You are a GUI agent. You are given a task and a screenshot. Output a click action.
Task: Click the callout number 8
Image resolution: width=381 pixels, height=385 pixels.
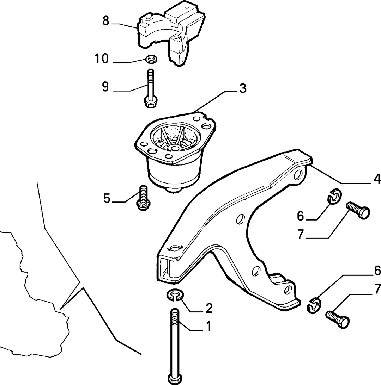(x=106, y=21)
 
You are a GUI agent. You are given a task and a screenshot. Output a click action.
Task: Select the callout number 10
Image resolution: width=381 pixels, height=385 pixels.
(x=102, y=59)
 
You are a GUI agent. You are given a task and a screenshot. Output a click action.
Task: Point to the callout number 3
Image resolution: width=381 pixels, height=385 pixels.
(x=243, y=88)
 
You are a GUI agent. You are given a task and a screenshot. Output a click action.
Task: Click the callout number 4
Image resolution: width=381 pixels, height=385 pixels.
(x=377, y=179)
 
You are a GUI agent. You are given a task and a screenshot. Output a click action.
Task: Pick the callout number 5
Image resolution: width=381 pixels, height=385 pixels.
(x=107, y=198)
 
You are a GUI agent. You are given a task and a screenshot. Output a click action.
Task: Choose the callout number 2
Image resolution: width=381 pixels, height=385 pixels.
(x=209, y=308)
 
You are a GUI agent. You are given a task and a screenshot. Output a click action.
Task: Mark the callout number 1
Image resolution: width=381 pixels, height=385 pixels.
(x=208, y=327)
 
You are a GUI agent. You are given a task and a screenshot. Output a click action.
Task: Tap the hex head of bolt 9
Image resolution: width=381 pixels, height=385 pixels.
(x=150, y=102)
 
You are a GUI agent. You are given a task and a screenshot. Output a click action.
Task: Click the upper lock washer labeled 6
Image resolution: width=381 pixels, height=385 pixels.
(x=335, y=196)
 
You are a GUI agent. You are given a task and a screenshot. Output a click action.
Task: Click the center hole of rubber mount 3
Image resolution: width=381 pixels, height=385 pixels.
(x=175, y=148)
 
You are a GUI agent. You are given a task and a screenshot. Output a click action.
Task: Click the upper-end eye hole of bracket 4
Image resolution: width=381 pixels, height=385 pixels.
(x=299, y=175)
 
